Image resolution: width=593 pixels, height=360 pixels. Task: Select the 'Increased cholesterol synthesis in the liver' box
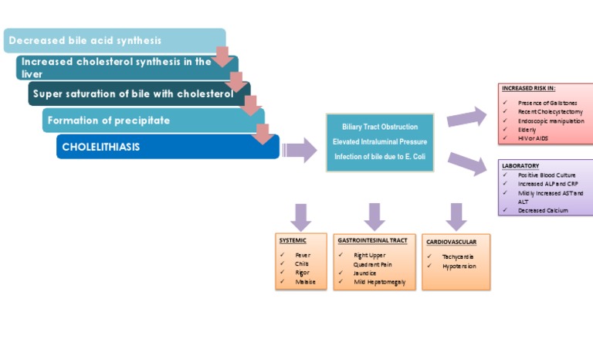pyautogui.click(x=116, y=67)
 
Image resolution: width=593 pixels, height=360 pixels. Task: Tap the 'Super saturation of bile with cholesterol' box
pyautogui.click(x=132, y=93)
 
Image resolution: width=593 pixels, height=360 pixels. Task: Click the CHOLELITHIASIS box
pyautogui.click(x=100, y=147)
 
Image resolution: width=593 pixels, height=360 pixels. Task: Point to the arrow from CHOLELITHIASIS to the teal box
pyautogui.click(x=300, y=148)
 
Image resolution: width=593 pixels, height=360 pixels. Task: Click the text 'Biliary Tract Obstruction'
pyautogui.click(x=380, y=127)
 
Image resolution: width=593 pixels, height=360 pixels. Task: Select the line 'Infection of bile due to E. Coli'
pyautogui.click(x=380, y=157)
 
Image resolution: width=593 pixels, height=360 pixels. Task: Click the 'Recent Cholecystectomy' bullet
pyautogui.click(x=550, y=111)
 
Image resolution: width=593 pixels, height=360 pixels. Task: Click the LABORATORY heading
pyautogui.click(x=520, y=166)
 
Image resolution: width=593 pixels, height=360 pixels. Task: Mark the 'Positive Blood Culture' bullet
pyautogui.click(x=547, y=175)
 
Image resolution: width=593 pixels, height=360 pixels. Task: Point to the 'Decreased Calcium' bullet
pyautogui.click(x=543, y=210)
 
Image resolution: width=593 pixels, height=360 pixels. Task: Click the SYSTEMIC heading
pyautogui.click(x=293, y=240)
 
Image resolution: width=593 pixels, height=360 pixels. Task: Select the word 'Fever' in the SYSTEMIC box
pyautogui.click(x=303, y=254)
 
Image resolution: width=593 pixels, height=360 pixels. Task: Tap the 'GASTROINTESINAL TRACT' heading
pyautogui.click(x=372, y=240)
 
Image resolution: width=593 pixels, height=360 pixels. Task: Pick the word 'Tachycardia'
pyautogui.click(x=458, y=256)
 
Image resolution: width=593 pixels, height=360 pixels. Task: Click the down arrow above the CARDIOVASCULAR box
pyautogui.click(x=456, y=216)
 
